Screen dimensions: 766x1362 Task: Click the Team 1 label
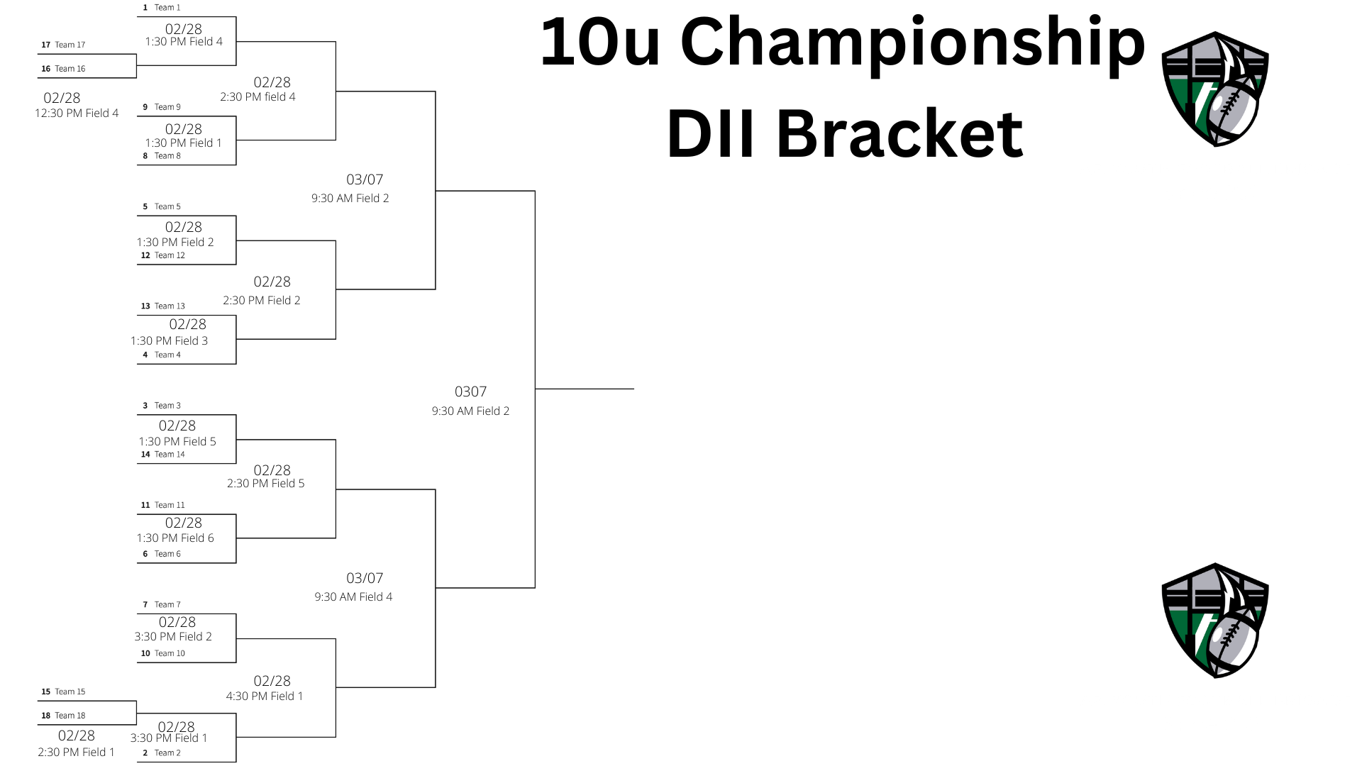(x=167, y=8)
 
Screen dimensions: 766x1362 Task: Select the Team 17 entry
(x=70, y=45)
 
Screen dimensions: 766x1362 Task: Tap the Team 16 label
(x=70, y=69)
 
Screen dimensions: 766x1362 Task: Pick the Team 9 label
(x=167, y=107)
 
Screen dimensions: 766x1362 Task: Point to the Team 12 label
(x=170, y=255)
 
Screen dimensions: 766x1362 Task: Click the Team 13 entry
(x=170, y=306)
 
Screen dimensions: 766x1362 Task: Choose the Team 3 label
(x=167, y=406)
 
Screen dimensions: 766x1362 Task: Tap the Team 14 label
(x=170, y=455)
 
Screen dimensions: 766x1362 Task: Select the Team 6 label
(x=167, y=554)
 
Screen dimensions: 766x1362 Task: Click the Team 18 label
(x=70, y=716)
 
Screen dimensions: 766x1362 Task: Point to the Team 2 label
(x=167, y=753)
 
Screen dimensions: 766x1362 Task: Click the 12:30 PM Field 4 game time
(x=77, y=113)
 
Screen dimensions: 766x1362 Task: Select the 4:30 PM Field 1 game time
(x=265, y=696)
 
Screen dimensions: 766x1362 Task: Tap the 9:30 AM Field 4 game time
(x=353, y=597)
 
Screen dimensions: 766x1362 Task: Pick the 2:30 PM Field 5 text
(x=265, y=484)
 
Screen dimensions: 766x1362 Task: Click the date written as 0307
(x=470, y=392)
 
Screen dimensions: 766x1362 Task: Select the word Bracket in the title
(x=899, y=133)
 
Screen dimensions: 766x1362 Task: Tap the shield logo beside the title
(x=1214, y=89)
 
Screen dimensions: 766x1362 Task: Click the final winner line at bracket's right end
(x=584, y=389)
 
